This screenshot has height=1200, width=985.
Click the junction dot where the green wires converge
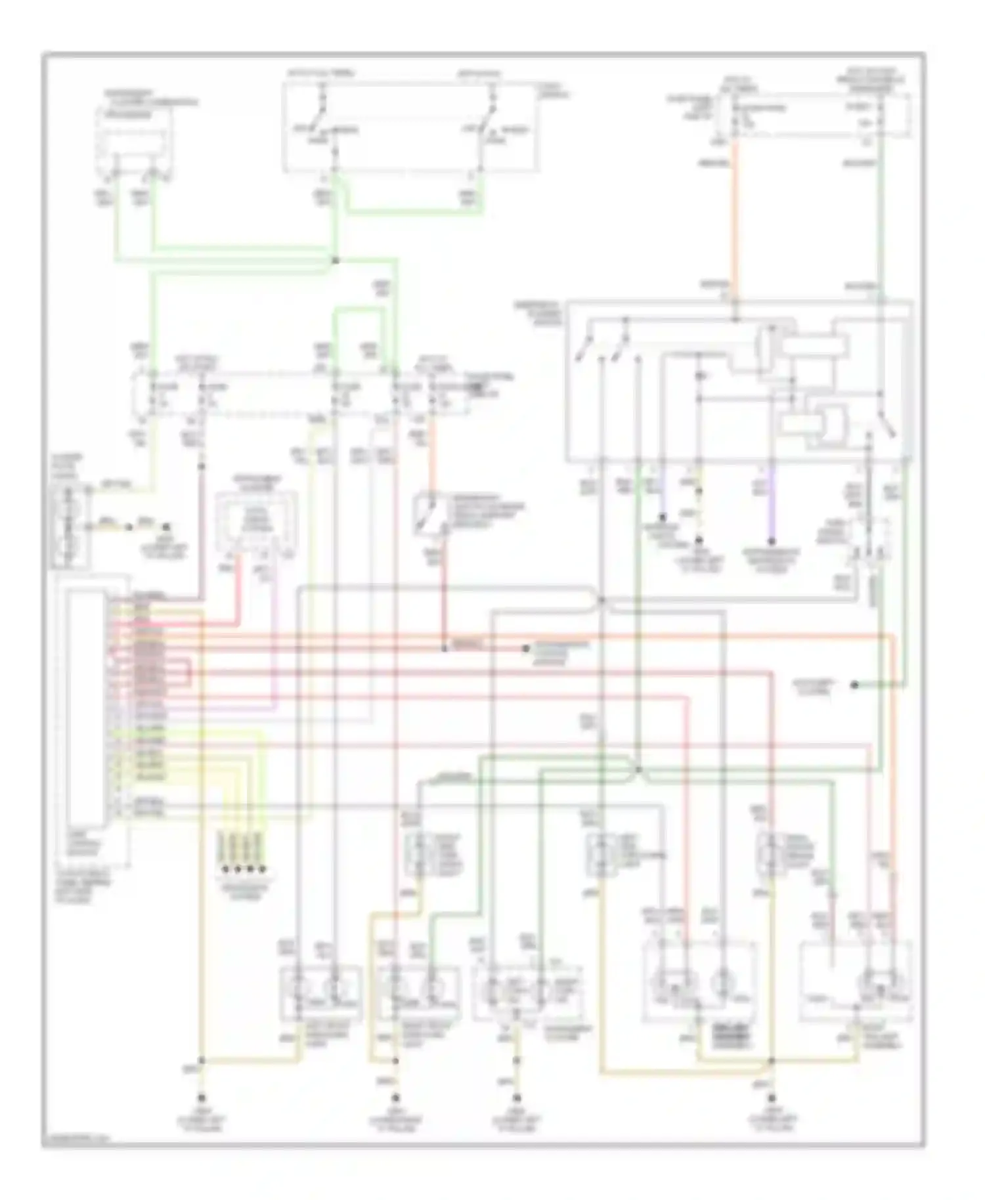point(335,261)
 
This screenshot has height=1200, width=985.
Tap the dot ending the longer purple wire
point(772,542)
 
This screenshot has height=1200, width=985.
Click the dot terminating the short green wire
point(854,685)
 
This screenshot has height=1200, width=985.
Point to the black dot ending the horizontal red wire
point(526,649)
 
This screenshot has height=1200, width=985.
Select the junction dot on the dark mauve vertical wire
point(202,466)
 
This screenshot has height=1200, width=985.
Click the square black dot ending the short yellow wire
point(167,527)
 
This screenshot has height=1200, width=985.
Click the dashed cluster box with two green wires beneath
point(135,141)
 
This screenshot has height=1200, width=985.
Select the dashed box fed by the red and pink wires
point(256,525)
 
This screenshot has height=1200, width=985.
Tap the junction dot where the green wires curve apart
point(638,769)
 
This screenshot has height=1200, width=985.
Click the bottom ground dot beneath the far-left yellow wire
point(202,1098)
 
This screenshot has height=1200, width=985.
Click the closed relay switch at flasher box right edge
point(887,427)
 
